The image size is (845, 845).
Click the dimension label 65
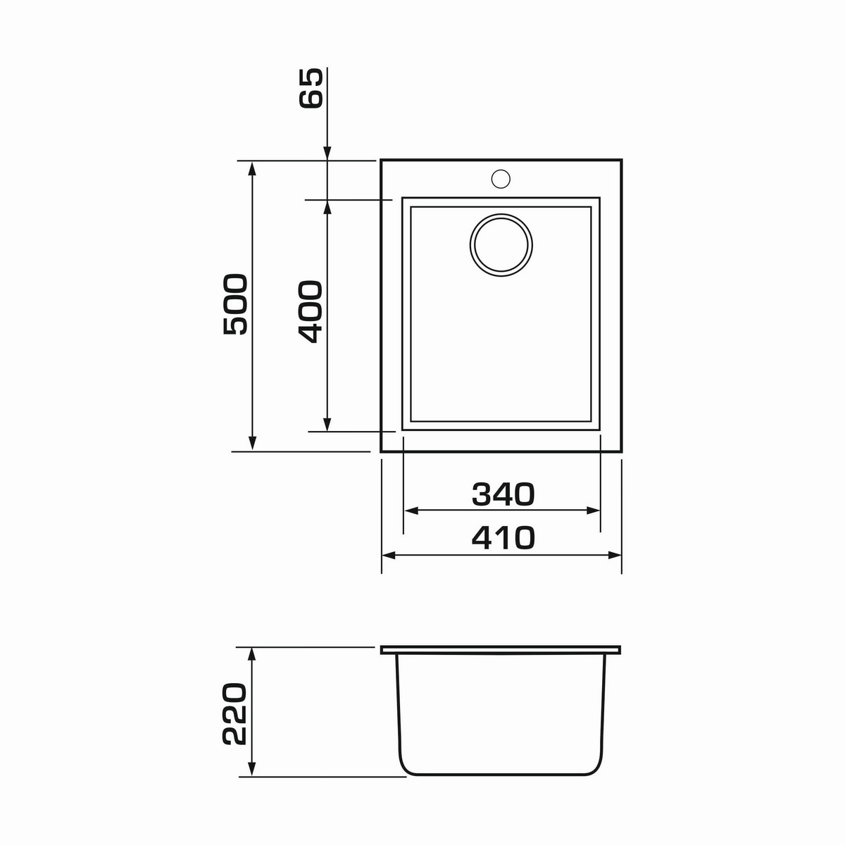tap(311, 88)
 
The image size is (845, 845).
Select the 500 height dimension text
tap(235, 304)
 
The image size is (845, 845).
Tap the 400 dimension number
tap(311, 312)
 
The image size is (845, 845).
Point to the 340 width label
tap(503, 494)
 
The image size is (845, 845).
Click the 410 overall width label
tap(503, 537)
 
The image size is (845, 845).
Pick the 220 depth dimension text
tap(234, 720)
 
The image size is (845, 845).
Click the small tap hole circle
tap(501, 178)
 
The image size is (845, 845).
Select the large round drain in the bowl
tap(501, 245)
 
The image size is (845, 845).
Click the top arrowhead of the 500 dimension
tap(251, 168)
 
